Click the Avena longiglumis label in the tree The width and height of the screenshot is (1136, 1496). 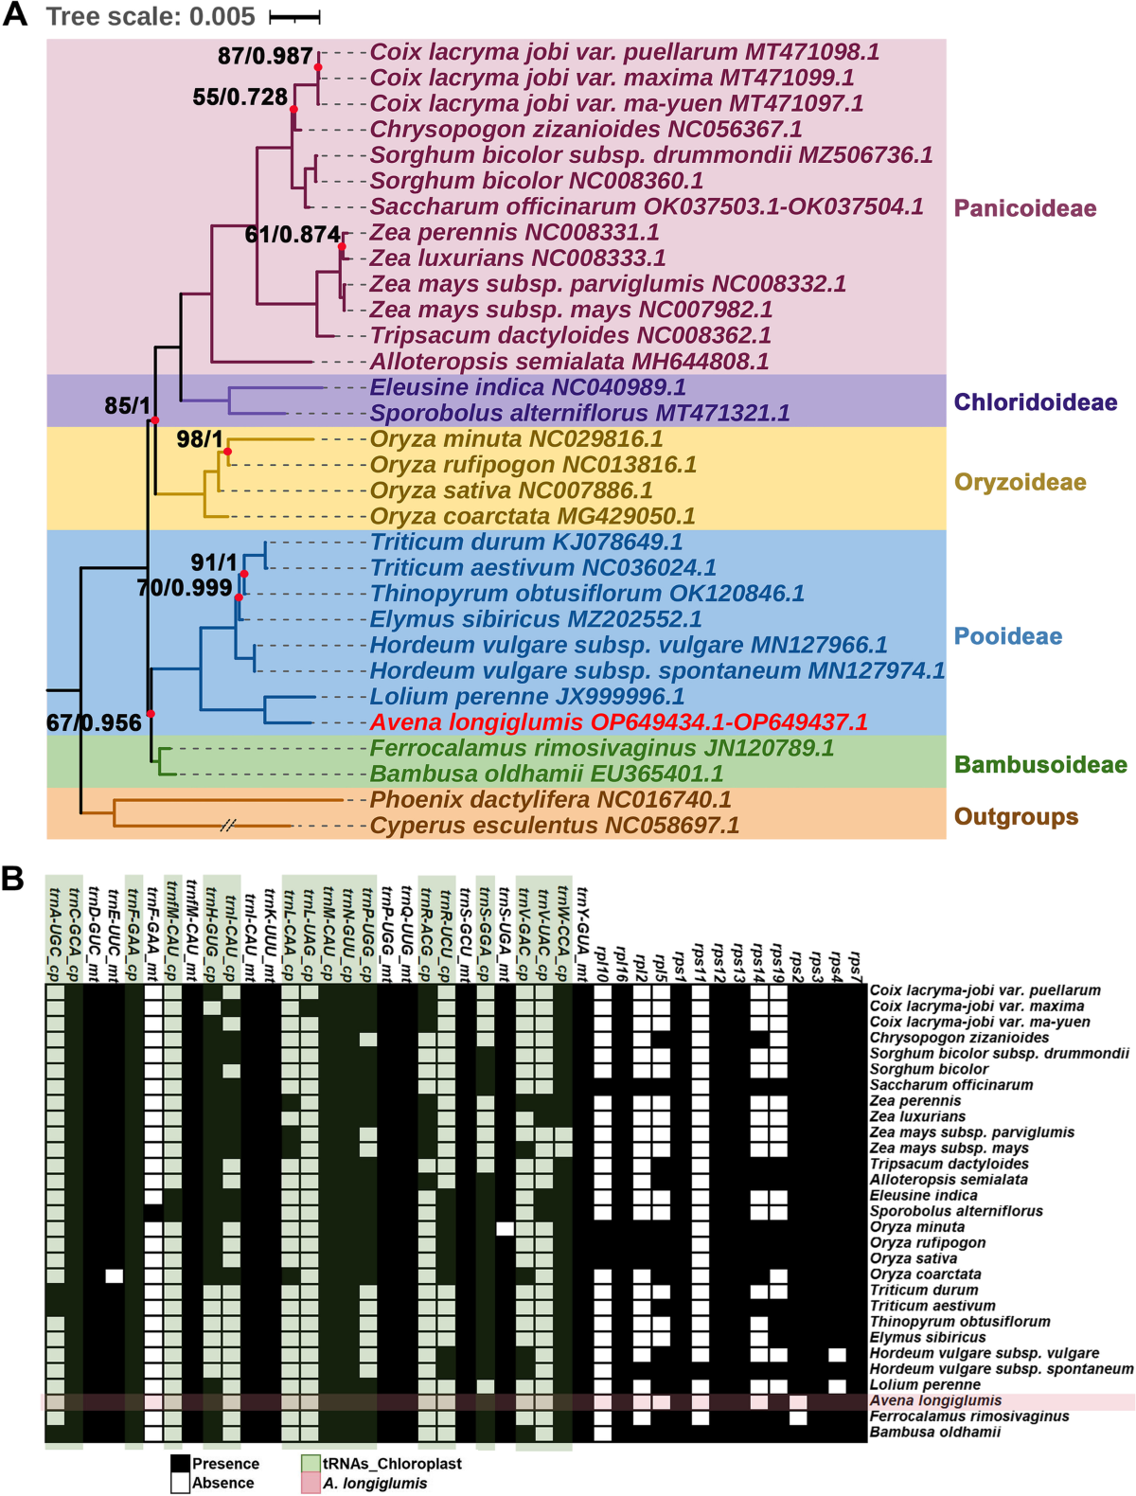coord(618,722)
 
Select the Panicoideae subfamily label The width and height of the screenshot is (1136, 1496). coord(1024,208)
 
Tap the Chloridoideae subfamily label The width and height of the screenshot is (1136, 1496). coord(1035,402)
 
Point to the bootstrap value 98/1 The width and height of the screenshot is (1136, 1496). coord(200,439)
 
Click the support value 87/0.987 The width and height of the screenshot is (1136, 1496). coord(265,56)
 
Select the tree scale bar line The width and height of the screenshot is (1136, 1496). coord(294,17)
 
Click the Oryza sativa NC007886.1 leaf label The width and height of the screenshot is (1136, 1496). coord(511,490)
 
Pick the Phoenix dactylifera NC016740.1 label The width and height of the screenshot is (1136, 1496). coord(550,800)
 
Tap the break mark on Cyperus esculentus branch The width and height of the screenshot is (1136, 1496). coord(227,826)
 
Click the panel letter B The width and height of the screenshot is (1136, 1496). coord(12,879)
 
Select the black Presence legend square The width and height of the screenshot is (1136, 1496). coord(180,1464)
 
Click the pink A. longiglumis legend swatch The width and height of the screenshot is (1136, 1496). coord(311,1484)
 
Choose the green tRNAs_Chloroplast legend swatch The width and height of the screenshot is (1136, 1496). coord(311,1464)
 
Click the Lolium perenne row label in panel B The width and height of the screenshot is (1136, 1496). coord(925,1384)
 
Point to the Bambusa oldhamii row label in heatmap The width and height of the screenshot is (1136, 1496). coord(935,1432)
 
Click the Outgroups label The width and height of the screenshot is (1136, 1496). coord(1016,816)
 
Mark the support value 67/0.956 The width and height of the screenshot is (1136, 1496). coord(94,723)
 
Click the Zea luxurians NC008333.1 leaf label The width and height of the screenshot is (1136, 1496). coord(518,258)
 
